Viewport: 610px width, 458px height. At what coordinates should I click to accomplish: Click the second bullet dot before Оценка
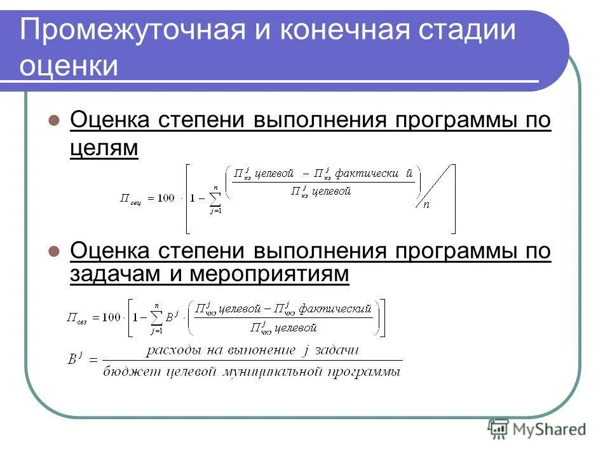(54, 251)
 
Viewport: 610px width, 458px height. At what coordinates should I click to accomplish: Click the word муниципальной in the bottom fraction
(274, 371)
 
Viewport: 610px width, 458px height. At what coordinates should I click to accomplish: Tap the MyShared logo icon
(499, 429)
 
